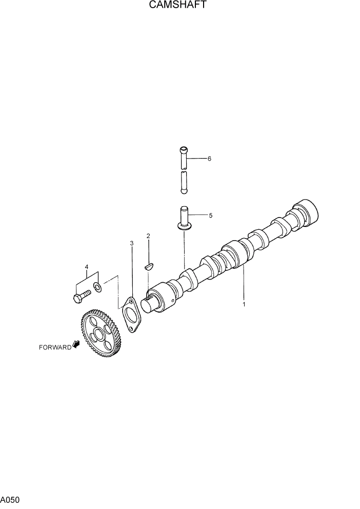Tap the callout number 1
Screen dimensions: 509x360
tap(244, 304)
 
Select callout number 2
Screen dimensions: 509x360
tap(148, 236)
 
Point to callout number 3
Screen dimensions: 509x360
tap(131, 243)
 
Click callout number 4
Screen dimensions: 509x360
tap(86, 267)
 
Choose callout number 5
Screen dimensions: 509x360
tap(210, 216)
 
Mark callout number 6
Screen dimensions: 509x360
tap(209, 159)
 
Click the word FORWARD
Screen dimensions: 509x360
tap(55, 347)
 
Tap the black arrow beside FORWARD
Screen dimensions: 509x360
tap(77, 345)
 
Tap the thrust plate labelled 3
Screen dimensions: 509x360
tap(130, 315)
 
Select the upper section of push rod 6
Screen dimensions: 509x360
tap(184, 157)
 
